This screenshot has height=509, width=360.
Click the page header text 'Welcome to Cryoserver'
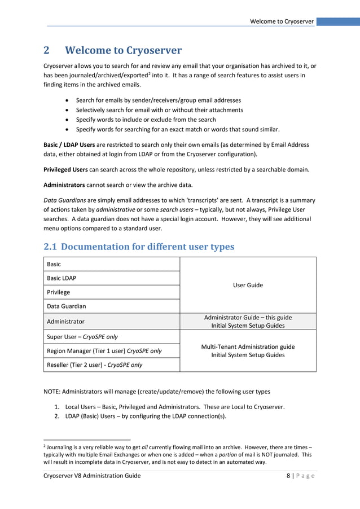[x=282, y=21]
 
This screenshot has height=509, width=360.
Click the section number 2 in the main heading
[x=47, y=51]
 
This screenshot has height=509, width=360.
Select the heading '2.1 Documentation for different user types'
[x=139, y=247]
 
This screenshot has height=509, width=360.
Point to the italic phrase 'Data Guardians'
[x=63, y=200]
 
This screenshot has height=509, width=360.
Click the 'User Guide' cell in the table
[x=248, y=285]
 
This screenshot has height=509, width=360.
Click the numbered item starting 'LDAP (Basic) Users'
[x=145, y=416]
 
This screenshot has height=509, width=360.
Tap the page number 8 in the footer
[x=288, y=476]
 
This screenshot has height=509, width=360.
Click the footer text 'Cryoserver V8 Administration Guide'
[x=92, y=476]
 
